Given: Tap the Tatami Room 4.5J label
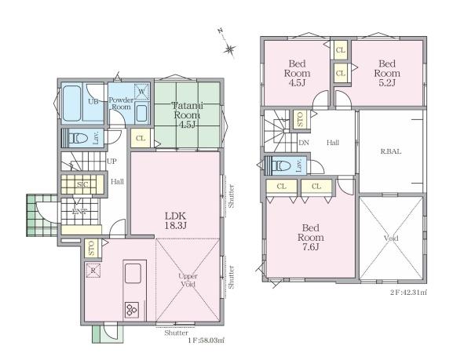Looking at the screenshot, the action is point(187,115).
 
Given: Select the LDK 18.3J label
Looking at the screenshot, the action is point(175,220).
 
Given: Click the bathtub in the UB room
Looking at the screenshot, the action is point(72,103).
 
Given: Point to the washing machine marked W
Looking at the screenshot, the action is point(142,92).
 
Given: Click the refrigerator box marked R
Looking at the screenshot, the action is point(93,271).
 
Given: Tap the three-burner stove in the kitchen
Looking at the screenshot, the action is point(132,309).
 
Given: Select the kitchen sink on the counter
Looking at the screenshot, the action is point(133,273).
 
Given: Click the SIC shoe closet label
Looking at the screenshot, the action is point(82,184).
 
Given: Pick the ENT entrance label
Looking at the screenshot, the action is point(80,212).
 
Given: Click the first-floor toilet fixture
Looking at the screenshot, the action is point(78,139).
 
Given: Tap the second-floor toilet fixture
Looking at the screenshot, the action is point(281,165).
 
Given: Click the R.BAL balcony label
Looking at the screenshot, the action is point(391,151).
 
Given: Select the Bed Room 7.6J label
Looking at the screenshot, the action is point(311,237).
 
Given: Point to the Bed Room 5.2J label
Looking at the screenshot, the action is point(387,73).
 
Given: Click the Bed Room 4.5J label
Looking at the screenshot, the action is point(297,73).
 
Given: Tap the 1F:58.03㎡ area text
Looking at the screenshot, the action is point(206,340).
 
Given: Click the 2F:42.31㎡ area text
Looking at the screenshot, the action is point(408,292).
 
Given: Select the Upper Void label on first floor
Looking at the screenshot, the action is point(188,280).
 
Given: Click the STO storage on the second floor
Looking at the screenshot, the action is point(301,119).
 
